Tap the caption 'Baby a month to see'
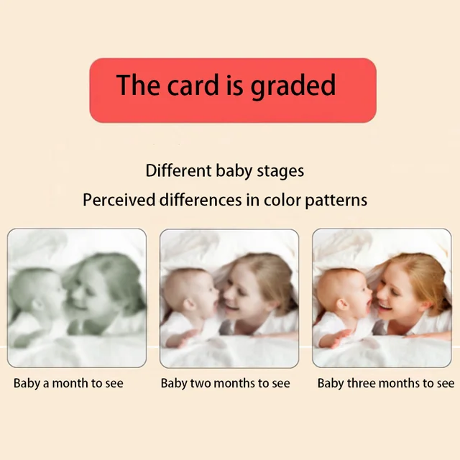(x=68, y=383)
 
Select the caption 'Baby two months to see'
(x=225, y=383)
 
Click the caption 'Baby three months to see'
(x=386, y=383)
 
